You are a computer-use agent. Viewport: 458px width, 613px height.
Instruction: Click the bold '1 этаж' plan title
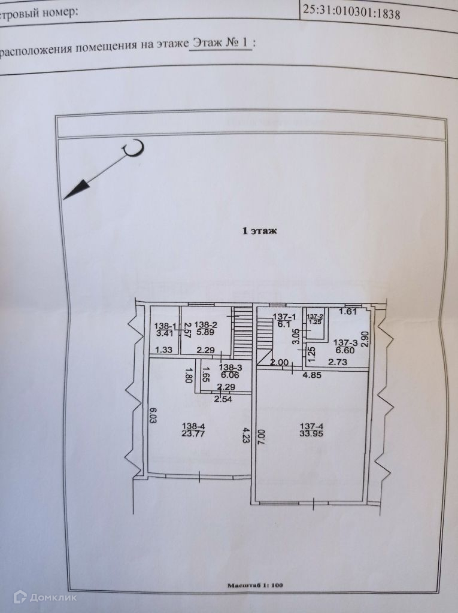coord(259,230)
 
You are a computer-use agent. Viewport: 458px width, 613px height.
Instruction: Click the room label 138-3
coord(230,368)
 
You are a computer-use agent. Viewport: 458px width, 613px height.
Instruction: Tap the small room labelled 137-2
coord(315,319)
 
